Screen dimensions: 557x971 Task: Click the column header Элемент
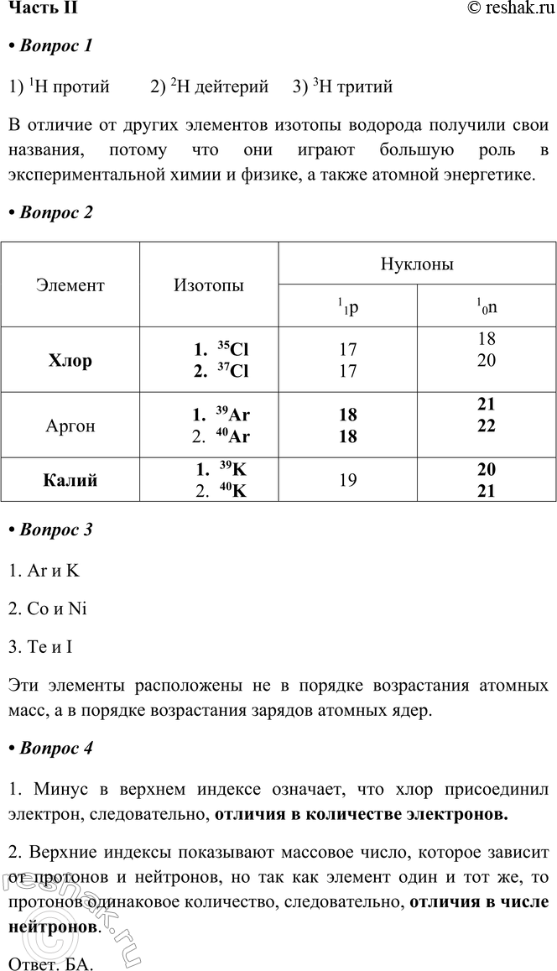pos(70,285)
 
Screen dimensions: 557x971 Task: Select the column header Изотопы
pos(209,285)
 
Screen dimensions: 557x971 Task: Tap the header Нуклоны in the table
pos(417,264)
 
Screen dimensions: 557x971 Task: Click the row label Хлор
pos(70,360)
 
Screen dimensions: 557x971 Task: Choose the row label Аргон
pos(70,425)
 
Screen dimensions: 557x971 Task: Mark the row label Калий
pos(70,481)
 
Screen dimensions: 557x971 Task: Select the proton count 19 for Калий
pos(348,481)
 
